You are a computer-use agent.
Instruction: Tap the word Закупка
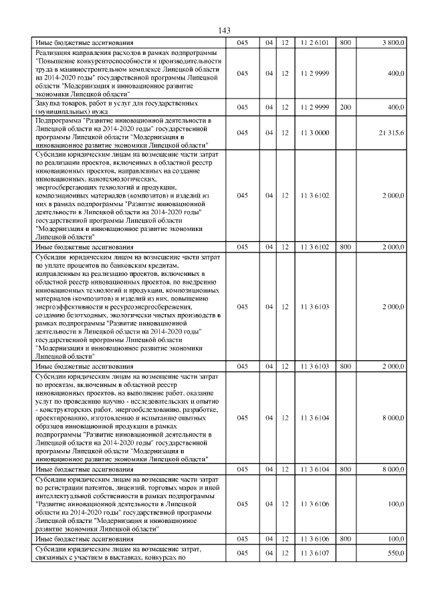tap(49, 104)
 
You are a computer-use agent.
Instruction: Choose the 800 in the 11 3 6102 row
tap(346, 246)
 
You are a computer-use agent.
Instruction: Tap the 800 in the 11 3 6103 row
tap(346, 366)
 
